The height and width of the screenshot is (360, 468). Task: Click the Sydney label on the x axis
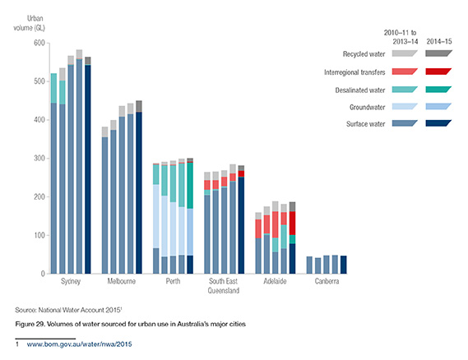(x=71, y=282)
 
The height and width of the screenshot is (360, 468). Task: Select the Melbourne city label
(x=122, y=282)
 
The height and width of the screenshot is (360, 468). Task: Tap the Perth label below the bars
(x=173, y=282)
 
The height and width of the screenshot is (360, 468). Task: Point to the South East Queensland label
(x=224, y=286)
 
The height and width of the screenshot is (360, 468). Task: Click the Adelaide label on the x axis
(x=276, y=282)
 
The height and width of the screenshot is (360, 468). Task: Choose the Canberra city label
(x=327, y=282)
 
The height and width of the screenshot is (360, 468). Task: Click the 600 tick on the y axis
(x=39, y=43)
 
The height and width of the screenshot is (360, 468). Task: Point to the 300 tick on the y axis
(x=39, y=159)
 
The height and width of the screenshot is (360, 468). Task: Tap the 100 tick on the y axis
(x=39, y=236)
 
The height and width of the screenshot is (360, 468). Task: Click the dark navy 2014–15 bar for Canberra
(x=344, y=264)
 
